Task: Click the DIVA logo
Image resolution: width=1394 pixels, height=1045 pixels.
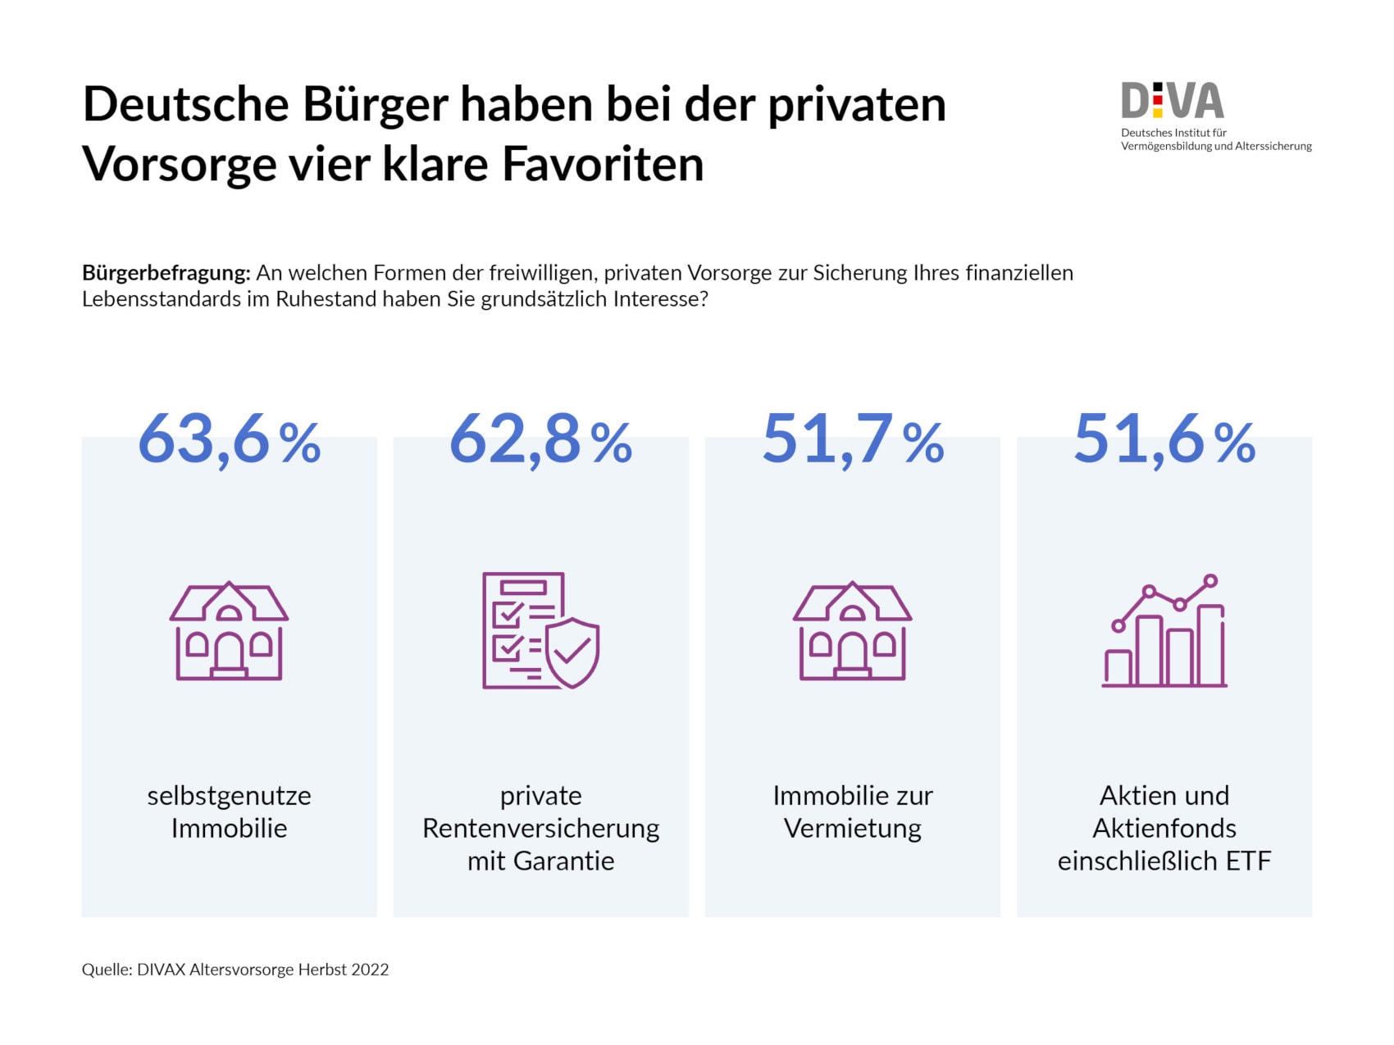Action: pos(1173,102)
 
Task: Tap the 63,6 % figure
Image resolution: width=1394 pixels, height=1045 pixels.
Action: pos(229,440)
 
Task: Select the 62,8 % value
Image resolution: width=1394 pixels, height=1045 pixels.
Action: pos(540,440)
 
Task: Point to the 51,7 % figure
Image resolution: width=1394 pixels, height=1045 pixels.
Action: pos(853,440)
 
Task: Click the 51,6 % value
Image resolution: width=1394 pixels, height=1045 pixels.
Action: pos(1164,440)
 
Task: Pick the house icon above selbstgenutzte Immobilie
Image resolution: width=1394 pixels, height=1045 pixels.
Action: pos(229,631)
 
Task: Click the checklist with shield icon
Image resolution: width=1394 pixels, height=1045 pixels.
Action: pos(540,630)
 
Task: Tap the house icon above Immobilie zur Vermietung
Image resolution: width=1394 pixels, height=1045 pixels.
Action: pos(852,631)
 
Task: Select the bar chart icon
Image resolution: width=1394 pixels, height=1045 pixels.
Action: pos(1164,631)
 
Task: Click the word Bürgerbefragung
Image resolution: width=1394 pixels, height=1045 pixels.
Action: pos(166,273)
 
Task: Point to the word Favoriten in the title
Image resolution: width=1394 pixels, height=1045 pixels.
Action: pos(603,164)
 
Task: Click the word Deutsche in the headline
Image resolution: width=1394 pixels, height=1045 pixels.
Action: pos(185,105)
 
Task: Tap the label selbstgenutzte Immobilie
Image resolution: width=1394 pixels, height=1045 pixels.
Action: pos(229,811)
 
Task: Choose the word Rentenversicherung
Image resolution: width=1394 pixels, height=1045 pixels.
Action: pos(540,829)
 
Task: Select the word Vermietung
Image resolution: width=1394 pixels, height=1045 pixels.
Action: pos(853,829)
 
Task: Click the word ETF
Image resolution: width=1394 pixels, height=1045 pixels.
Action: pos(1248,861)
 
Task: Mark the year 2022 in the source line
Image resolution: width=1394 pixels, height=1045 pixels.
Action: pos(370,970)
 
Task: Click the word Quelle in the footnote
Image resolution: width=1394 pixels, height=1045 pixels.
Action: pos(106,970)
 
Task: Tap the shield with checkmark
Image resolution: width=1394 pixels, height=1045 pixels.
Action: pos(572,652)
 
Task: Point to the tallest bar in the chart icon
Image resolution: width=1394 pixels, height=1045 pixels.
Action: pos(1210,645)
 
